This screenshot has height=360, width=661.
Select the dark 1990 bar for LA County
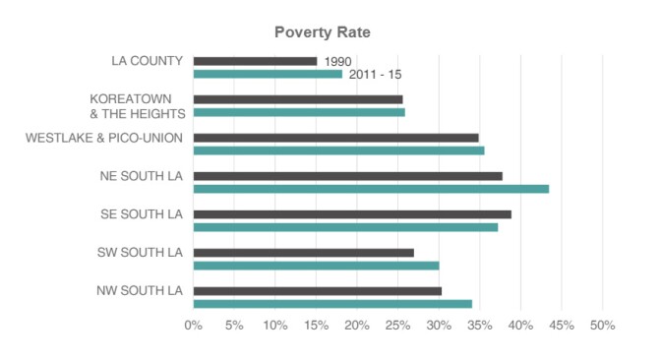coord(255,61)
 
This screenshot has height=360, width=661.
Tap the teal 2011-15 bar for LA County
coord(268,74)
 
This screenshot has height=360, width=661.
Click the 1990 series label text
coord(337,62)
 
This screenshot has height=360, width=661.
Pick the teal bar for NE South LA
coord(371,189)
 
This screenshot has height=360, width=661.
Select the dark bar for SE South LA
coord(352,214)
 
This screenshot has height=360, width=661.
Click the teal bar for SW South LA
coord(316,266)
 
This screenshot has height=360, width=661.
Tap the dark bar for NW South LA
coord(318,291)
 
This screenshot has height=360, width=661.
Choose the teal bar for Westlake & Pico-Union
coord(338,150)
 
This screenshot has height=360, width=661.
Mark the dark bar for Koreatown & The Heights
coord(298,99)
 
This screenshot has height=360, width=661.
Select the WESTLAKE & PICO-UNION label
coord(104,138)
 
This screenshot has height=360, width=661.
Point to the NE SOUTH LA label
coord(142,176)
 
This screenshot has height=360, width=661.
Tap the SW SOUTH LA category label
coord(142,253)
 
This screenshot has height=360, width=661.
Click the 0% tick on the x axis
coord(194,326)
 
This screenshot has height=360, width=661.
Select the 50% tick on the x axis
coord(602,326)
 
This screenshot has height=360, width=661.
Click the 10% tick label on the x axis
coord(274,326)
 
